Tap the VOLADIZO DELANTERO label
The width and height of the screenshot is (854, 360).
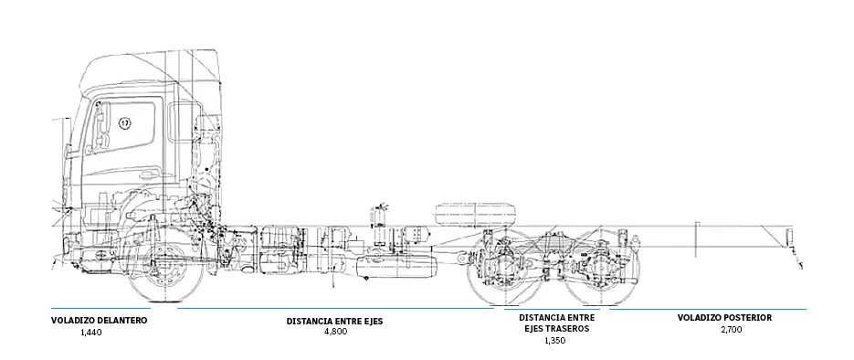point(100,321)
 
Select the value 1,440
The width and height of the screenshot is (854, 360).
point(91,334)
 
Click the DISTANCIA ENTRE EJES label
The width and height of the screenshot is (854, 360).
point(334,321)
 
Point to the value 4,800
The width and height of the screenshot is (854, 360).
point(335,331)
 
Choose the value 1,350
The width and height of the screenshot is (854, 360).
point(554,341)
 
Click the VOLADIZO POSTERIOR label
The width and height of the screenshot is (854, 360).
point(724,318)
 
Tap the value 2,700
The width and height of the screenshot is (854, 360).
point(731,329)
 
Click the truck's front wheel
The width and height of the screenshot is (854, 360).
point(163,271)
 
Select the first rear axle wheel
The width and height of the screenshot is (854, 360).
point(503,270)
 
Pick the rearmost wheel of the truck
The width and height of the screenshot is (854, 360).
point(602,270)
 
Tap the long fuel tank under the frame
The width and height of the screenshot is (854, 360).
point(400,266)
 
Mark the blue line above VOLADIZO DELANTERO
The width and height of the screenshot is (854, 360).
point(100,308)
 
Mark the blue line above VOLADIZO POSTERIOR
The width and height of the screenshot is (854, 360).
point(708,309)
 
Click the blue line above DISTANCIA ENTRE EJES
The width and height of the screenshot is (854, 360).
point(334,309)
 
